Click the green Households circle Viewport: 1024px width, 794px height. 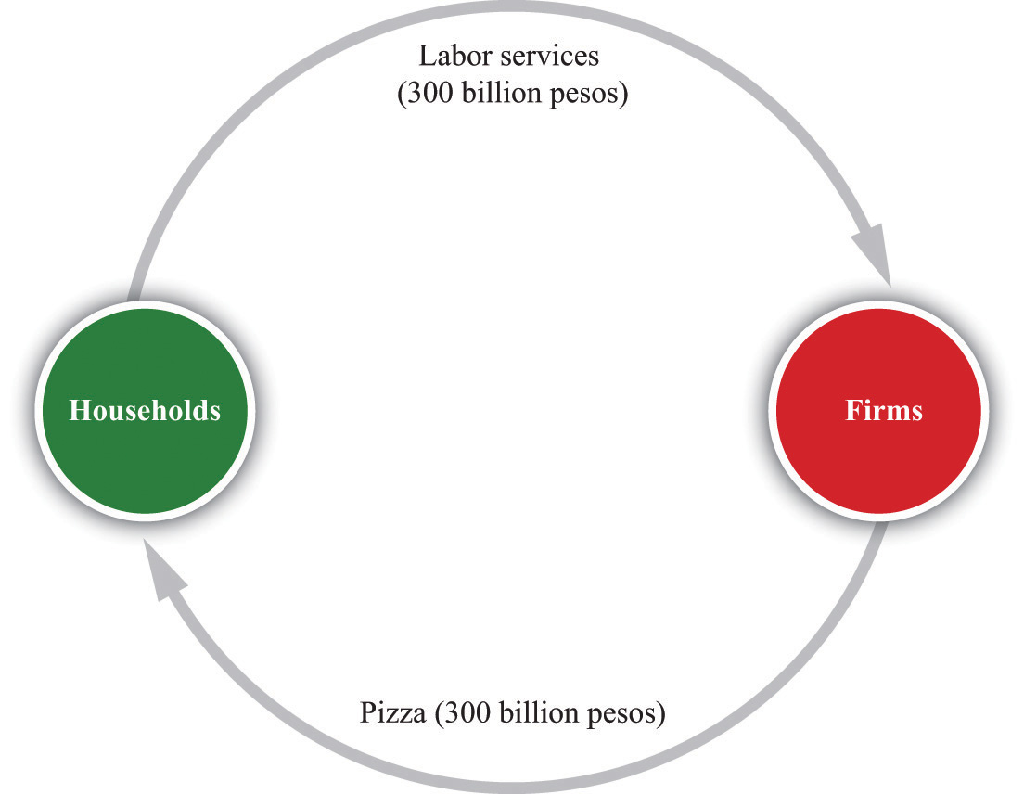coord(145,411)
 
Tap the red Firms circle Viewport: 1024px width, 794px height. coord(878,411)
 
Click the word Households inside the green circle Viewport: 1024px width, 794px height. coord(145,411)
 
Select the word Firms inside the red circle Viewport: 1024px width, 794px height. coord(884,411)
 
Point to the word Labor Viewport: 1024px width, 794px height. coord(455,56)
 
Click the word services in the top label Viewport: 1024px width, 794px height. coord(549,57)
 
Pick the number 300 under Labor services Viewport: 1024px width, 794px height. coord(429,93)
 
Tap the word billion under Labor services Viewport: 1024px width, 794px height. coord(502,93)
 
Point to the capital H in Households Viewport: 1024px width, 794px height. coord(80,411)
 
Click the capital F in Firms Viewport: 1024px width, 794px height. coord(854,411)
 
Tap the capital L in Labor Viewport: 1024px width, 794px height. coord(427,56)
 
